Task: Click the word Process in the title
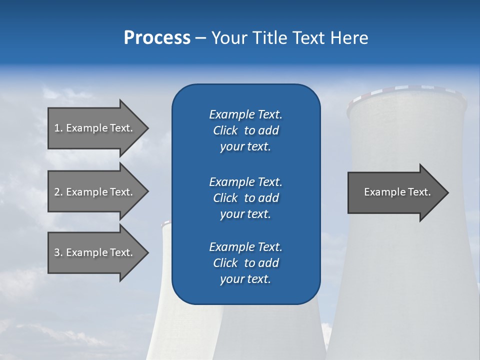tap(157, 38)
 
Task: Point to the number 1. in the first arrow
tap(58, 128)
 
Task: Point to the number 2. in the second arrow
tap(58, 192)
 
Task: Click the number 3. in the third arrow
tap(58, 252)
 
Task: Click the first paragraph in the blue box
tap(245, 130)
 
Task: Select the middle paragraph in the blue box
tap(245, 198)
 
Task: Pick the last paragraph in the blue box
tap(245, 263)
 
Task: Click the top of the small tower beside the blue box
tap(166, 224)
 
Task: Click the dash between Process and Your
tap(200, 38)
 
